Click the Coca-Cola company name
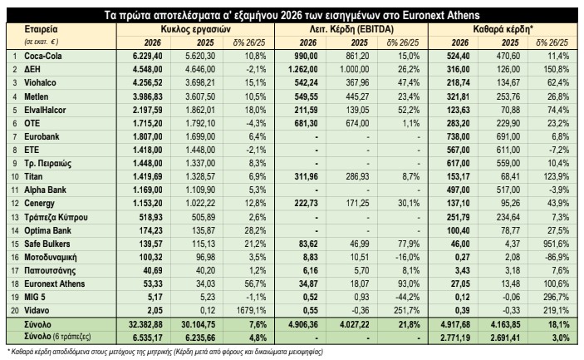click(x=43, y=57)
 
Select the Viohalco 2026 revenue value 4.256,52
click(x=148, y=83)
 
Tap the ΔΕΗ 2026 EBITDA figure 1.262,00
click(x=303, y=69)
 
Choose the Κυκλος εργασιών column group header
click(x=195, y=29)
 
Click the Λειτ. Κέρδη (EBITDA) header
click(x=351, y=29)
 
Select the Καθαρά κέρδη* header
click(x=503, y=29)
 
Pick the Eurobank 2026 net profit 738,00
click(x=458, y=137)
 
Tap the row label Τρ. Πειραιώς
click(x=47, y=163)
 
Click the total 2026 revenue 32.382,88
click(x=148, y=324)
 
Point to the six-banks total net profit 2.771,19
click(x=454, y=338)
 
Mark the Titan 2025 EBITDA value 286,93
click(x=357, y=176)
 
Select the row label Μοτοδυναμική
click(x=51, y=258)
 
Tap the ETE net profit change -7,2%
click(x=559, y=150)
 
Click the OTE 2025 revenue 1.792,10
click(x=200, y=123)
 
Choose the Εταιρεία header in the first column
click(x=41, y=29)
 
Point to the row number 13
click(x=15, y=217)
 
